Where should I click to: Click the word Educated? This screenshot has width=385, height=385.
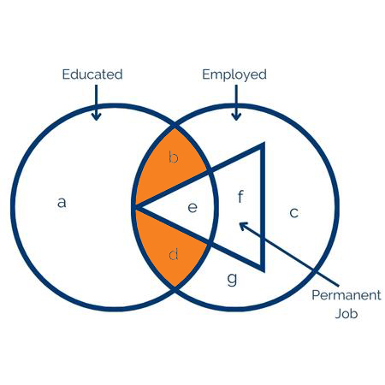click(92, 74)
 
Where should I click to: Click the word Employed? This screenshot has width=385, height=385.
click(234, 75)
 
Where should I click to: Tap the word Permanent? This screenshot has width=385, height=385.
click(346, 295)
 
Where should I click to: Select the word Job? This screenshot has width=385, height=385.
click(346, 313)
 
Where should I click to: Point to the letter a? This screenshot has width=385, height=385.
click(62, 202)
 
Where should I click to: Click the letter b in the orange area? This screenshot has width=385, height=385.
click(174, 157)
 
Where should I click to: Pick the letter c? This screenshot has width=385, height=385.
click(294, 212)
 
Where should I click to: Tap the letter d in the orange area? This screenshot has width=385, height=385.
click(174, 253)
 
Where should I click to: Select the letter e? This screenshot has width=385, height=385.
click(192, 207)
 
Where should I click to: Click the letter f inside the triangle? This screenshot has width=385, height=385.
click(240, 197)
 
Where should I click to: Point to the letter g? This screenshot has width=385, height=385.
click(233, 279)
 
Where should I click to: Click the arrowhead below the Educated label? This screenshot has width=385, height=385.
click(97, 116)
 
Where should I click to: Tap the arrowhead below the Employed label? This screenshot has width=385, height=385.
click(236, 116)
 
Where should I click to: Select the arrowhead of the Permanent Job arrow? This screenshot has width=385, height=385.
click(243, 226)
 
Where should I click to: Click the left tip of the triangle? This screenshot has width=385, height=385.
click(133, 207)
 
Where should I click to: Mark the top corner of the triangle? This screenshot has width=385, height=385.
click(264, 143)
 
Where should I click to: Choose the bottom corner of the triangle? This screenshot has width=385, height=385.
click(264, 271)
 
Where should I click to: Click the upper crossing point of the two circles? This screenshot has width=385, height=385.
click(175, 127)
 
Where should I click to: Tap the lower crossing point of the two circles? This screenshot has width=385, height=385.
click(175, 287)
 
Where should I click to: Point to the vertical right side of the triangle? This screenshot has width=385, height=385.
click(263, 207)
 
